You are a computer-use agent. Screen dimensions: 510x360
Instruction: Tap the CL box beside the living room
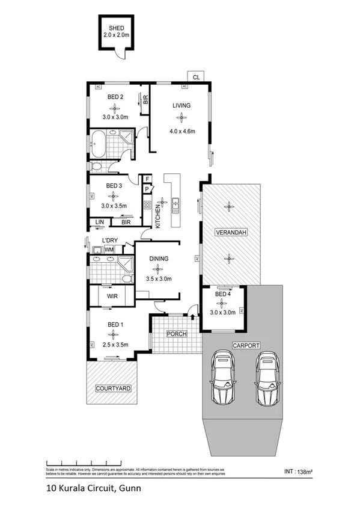pos(196,76)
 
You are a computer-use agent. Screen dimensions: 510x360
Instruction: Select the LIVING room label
pos(181,106)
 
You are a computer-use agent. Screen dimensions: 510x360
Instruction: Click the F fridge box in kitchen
pos(146,179)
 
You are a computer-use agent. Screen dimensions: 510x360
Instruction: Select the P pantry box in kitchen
pos(146,189)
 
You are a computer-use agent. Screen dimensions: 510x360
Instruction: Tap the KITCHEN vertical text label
pos(158,215)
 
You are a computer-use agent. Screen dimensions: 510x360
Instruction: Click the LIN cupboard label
pos(100,223)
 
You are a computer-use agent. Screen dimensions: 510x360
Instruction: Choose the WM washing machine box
pos(109,249)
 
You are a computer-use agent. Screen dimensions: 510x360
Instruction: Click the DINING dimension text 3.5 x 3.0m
pos(159,278)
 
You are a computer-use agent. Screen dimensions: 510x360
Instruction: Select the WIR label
pos(112,296)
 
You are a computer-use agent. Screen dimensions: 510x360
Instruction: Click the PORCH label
pos(177,334)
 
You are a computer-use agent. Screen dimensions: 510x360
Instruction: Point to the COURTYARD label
pos(114,389)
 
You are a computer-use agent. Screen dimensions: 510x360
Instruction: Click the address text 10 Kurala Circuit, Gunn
pos(93,488)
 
